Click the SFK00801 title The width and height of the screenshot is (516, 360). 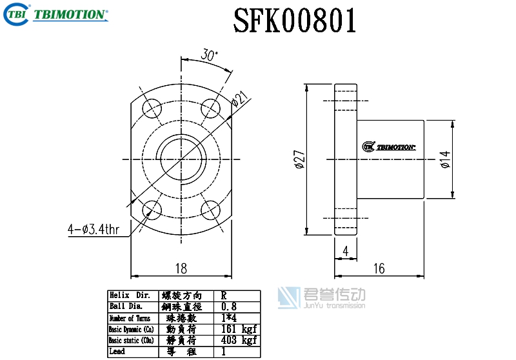295,21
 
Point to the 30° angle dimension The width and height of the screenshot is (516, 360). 209,55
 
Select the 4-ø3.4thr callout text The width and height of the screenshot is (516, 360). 94,229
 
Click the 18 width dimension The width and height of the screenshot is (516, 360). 181,268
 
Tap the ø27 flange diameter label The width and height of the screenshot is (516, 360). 300,159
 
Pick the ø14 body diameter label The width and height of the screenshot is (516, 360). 445,159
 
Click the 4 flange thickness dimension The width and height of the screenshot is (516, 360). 346,252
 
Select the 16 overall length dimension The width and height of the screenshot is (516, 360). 379,268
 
